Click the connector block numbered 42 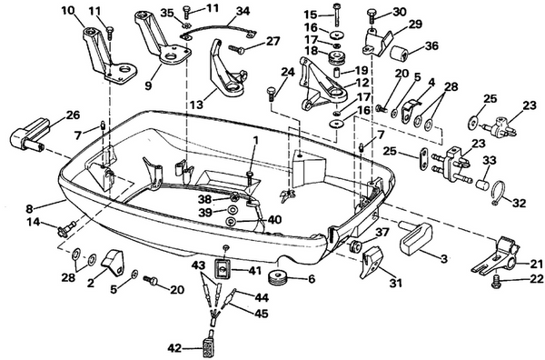[211, 348]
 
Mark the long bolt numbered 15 [336, 15]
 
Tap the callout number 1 [255, 140]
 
